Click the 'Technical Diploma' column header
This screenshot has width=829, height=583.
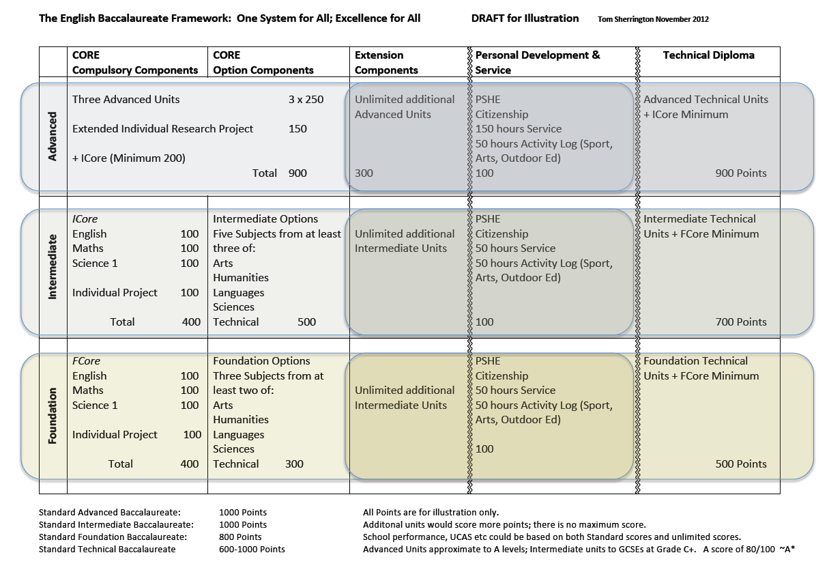[x=708, y=55]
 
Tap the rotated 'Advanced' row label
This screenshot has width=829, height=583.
[x=53, y=137]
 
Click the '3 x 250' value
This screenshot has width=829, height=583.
[x=306, y=100]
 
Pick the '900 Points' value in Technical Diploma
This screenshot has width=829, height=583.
[x=741, y=173]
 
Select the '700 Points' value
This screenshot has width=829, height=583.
[x=741, y=322]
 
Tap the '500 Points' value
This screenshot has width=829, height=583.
[x=741, y=464]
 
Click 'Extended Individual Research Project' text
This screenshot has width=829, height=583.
[x=162, y=129]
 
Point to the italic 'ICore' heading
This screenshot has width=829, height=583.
[x=85, y=219]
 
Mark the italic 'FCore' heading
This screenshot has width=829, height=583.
[x=86, y=361]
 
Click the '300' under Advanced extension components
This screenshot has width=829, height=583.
[x=364, y=173]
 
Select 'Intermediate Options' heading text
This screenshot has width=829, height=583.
[x=265, y=219]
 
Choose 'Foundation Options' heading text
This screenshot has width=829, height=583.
[x=261, y=361]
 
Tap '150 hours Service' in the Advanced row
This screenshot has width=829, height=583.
[x=519, y=129]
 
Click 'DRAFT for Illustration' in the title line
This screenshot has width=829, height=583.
[x=525, y=18]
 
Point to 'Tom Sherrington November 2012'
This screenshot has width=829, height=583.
[x=653, y=19]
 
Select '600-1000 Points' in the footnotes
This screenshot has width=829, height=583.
[x=252, y=549]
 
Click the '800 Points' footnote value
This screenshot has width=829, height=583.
[x=240, y=537]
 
